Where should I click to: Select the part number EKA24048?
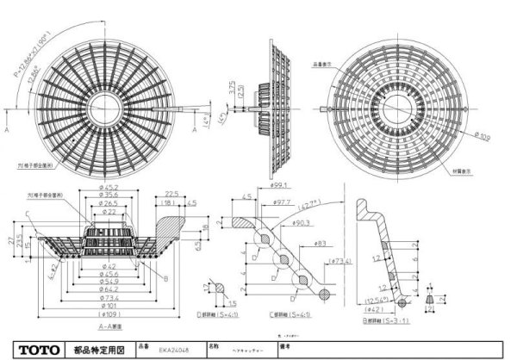point(172,350)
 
